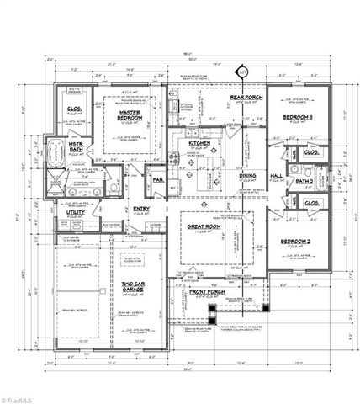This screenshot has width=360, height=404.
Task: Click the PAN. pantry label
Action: [x=157, y=179]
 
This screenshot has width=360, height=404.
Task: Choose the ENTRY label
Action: [x=140, y=210]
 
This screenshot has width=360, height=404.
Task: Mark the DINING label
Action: [x=248, y=176]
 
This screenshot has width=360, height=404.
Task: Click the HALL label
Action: [x=275, y=176]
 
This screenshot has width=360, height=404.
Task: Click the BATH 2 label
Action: [x=304, y=180]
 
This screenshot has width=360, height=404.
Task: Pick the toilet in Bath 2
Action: [x=287, y=179]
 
